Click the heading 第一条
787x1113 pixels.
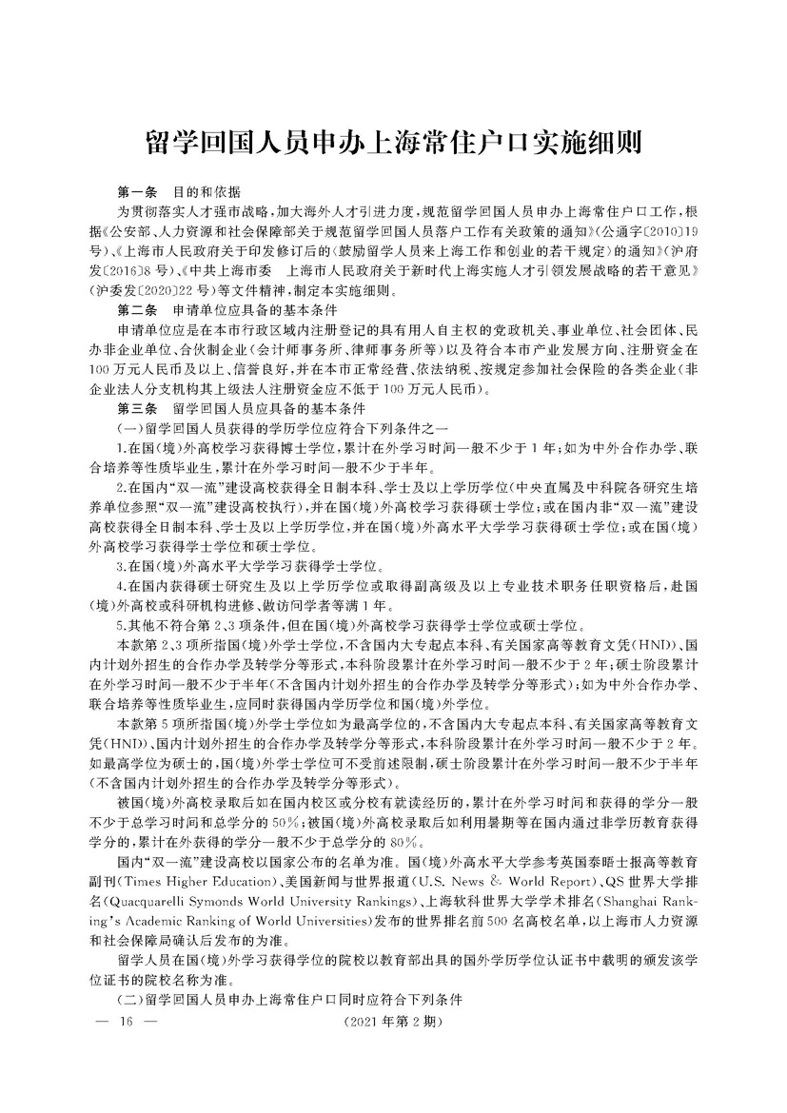point(134,190)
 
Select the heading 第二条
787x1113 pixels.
point(134,311)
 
